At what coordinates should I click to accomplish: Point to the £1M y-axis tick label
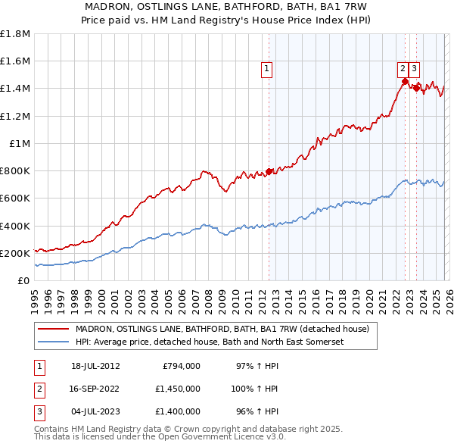[x=20, y=143]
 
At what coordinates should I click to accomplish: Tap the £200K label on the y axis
[x=14, y=253]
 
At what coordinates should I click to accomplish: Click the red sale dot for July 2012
[x=269, y=172]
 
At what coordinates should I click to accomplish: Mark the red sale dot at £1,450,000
[x=406, y=82]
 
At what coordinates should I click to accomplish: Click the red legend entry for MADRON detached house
[x=222, y=329]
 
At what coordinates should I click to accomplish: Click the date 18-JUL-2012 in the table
[x=95, y=366]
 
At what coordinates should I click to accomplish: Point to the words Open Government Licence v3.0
[x=226, y=436]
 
